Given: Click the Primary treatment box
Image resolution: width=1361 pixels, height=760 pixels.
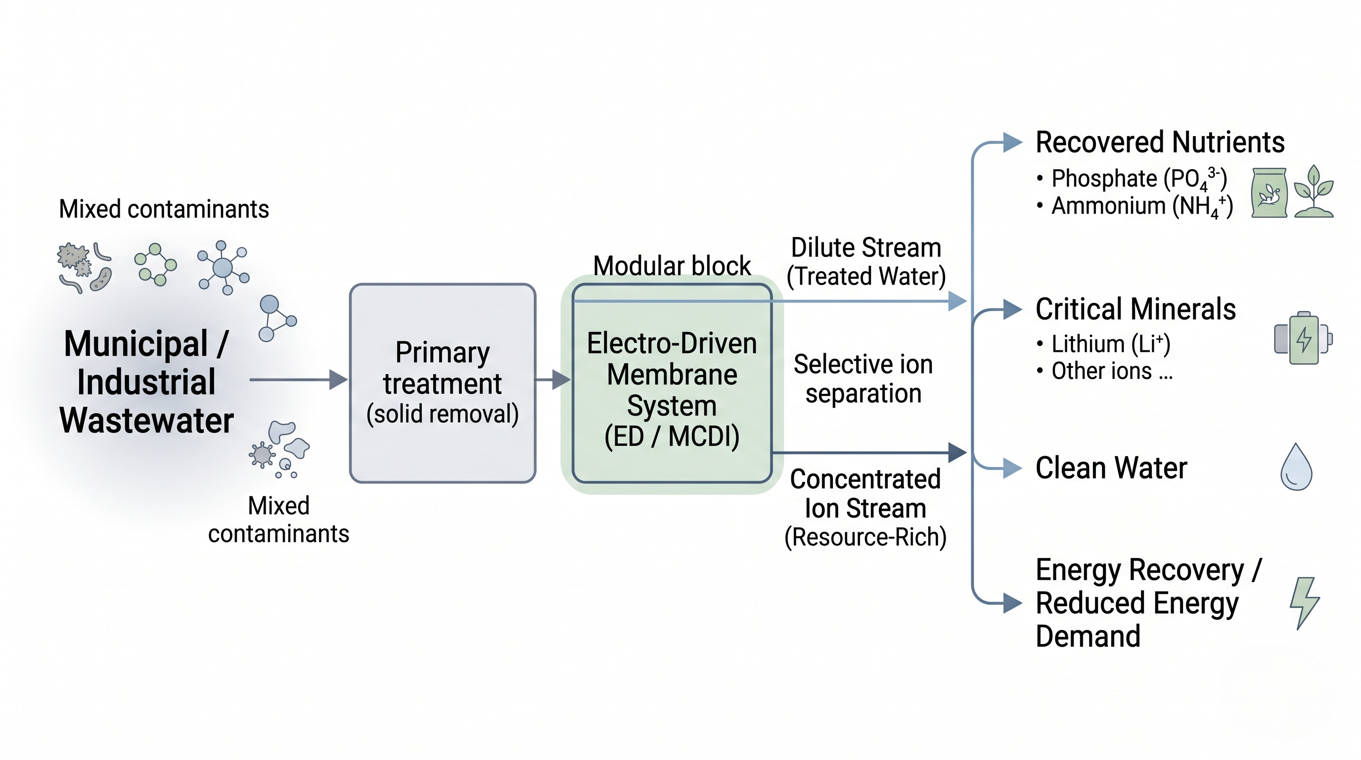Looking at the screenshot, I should (442, 382).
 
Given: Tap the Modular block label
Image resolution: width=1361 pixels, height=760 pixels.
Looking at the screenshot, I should (672, 265).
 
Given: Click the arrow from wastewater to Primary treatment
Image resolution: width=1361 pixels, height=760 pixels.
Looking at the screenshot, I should (299, 380).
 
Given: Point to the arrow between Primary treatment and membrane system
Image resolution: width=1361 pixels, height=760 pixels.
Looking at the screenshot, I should (552, 380).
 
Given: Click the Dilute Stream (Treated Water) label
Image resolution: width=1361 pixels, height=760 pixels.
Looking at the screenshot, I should (865, 262).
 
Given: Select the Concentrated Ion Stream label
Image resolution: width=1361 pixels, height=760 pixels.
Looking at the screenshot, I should (865, 508).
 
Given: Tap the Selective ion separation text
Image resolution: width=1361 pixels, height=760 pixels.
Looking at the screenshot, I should (863, 379).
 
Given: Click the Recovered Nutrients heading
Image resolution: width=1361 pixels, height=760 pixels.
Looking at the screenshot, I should (1160, 142).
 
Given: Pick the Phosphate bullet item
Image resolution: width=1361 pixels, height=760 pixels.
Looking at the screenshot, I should (1138, 179).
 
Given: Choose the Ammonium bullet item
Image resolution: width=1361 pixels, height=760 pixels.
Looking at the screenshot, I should (1141, 206).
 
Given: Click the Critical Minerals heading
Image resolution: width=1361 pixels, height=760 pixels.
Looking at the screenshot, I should (1135, 309).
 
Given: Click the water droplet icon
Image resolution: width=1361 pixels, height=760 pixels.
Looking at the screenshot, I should (1296, 468).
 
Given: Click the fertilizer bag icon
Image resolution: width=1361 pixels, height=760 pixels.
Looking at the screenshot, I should (1269, 193).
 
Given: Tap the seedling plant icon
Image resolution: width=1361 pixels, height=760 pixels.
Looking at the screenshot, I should (1314, 192).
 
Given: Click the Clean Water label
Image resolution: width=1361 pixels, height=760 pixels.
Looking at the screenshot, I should (1111, 468).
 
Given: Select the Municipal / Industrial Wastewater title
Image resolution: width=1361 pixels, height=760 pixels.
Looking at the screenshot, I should (146, 381).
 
